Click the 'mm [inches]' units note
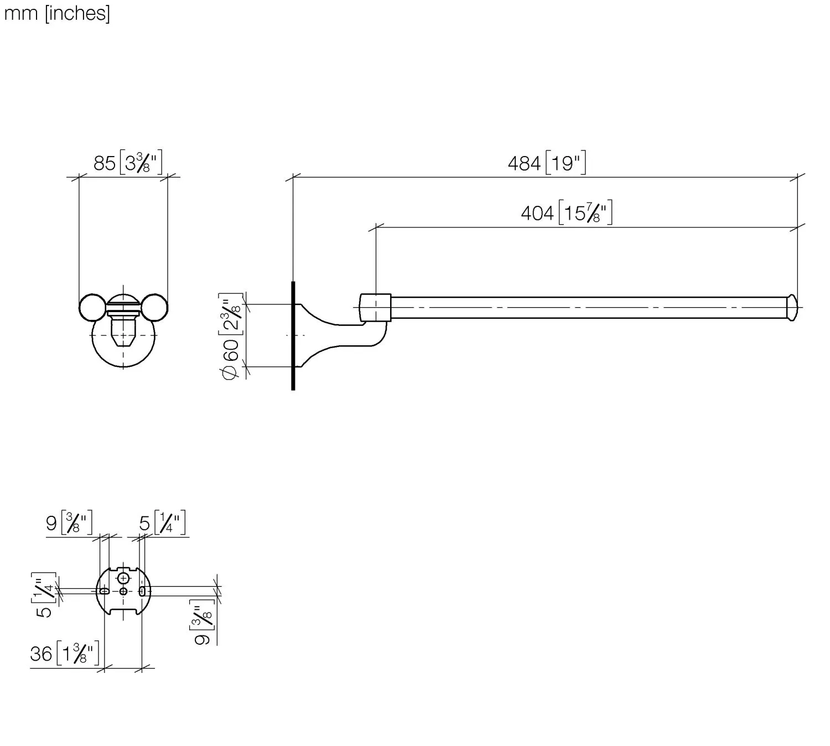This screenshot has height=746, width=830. tap(57, 14)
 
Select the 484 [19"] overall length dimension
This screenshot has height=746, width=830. tap(547, 163)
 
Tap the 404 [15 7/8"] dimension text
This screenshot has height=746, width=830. tap(566, 213)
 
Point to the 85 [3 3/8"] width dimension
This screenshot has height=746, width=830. tap(127, 163)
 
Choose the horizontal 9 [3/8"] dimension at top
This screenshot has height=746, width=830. tap(69, 523)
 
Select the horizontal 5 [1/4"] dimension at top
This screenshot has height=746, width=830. tap(162, 523)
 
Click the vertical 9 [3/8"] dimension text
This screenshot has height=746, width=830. tap(203, 622)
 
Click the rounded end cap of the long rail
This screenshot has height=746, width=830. tap(792, 308)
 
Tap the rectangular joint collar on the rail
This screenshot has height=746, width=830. tap(375, 308)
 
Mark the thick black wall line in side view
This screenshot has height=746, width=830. tap(293, 336)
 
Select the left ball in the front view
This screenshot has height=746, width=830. tap(92, 308)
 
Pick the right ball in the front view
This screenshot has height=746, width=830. tap(155, 308)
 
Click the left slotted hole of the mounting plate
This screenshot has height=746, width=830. tap(104, 591)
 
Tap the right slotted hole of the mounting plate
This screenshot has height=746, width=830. tap(142, 591)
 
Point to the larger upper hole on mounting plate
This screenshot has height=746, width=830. tap(123, 578)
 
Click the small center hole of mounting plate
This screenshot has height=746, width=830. tap(123, 591)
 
